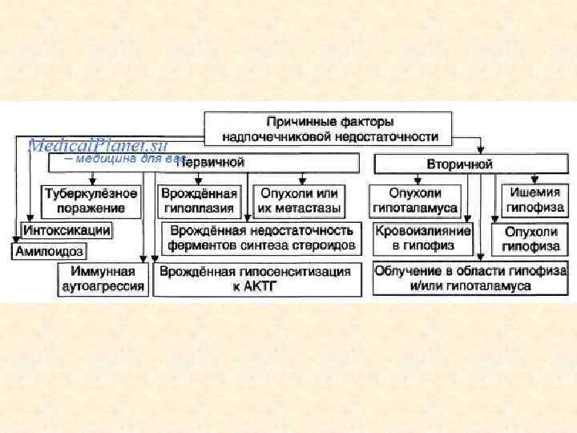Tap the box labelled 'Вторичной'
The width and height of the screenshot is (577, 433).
point(459,164)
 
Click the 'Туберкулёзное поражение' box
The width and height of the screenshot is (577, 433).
point(91,200)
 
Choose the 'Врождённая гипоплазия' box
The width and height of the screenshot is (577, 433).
point(199,200)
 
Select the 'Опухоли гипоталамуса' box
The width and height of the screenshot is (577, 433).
point(415,200)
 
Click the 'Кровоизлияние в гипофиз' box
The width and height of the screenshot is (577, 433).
point(423,237)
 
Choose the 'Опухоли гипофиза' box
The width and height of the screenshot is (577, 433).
point(531,238)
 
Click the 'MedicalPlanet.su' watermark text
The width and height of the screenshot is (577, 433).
point(96,145)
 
